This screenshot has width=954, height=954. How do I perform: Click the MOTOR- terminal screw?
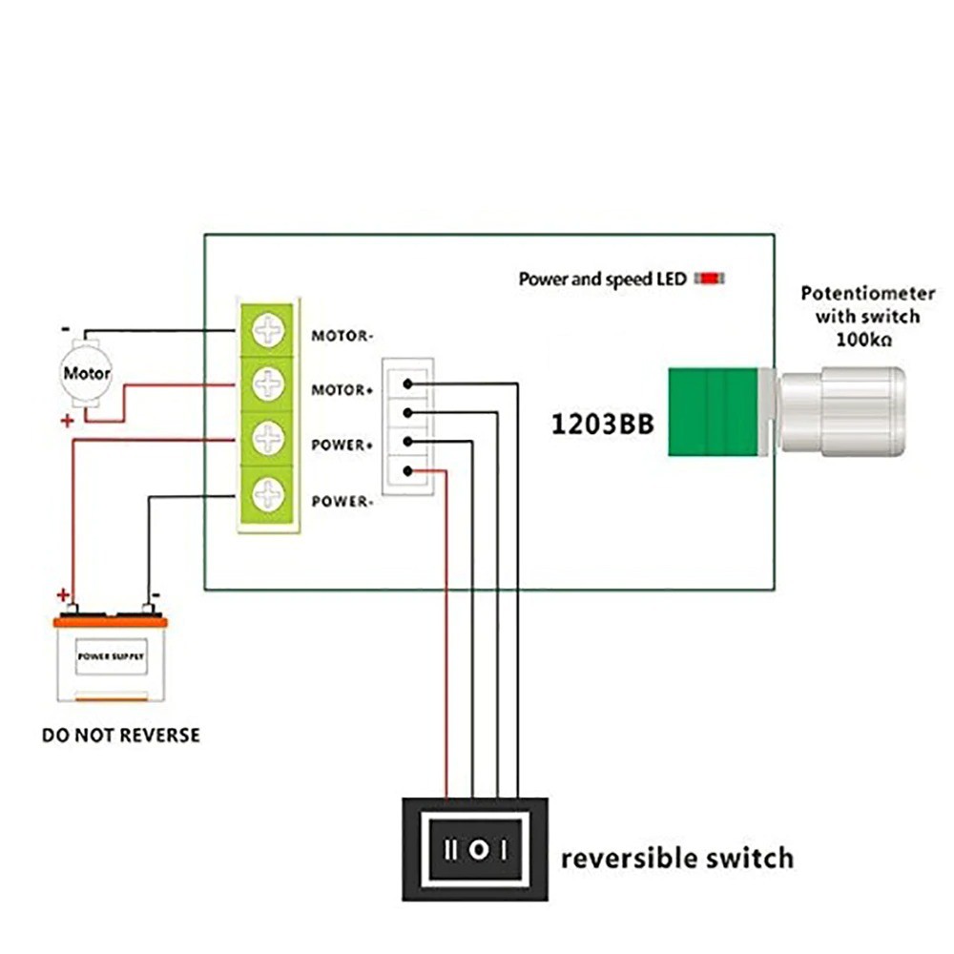point(270,331)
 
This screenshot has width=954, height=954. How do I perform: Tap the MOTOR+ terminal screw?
point(270,384)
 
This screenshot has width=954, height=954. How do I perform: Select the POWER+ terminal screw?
point(270,439)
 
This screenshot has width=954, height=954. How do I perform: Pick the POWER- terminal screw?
point(270,494)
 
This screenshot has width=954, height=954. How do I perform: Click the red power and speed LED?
point(710,279)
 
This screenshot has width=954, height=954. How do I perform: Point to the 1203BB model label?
point(603,425)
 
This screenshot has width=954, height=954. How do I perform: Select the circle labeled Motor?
point(87,373)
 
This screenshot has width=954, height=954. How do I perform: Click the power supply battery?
point(111,658)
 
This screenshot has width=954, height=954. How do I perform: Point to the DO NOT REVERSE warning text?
point(121,736)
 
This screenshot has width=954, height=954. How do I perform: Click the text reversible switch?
point(676,857)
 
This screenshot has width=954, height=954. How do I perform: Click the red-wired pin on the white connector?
point(408,470)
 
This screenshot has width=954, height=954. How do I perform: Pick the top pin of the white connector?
point(408,384)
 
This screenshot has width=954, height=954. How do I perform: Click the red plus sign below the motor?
point(67,421)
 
